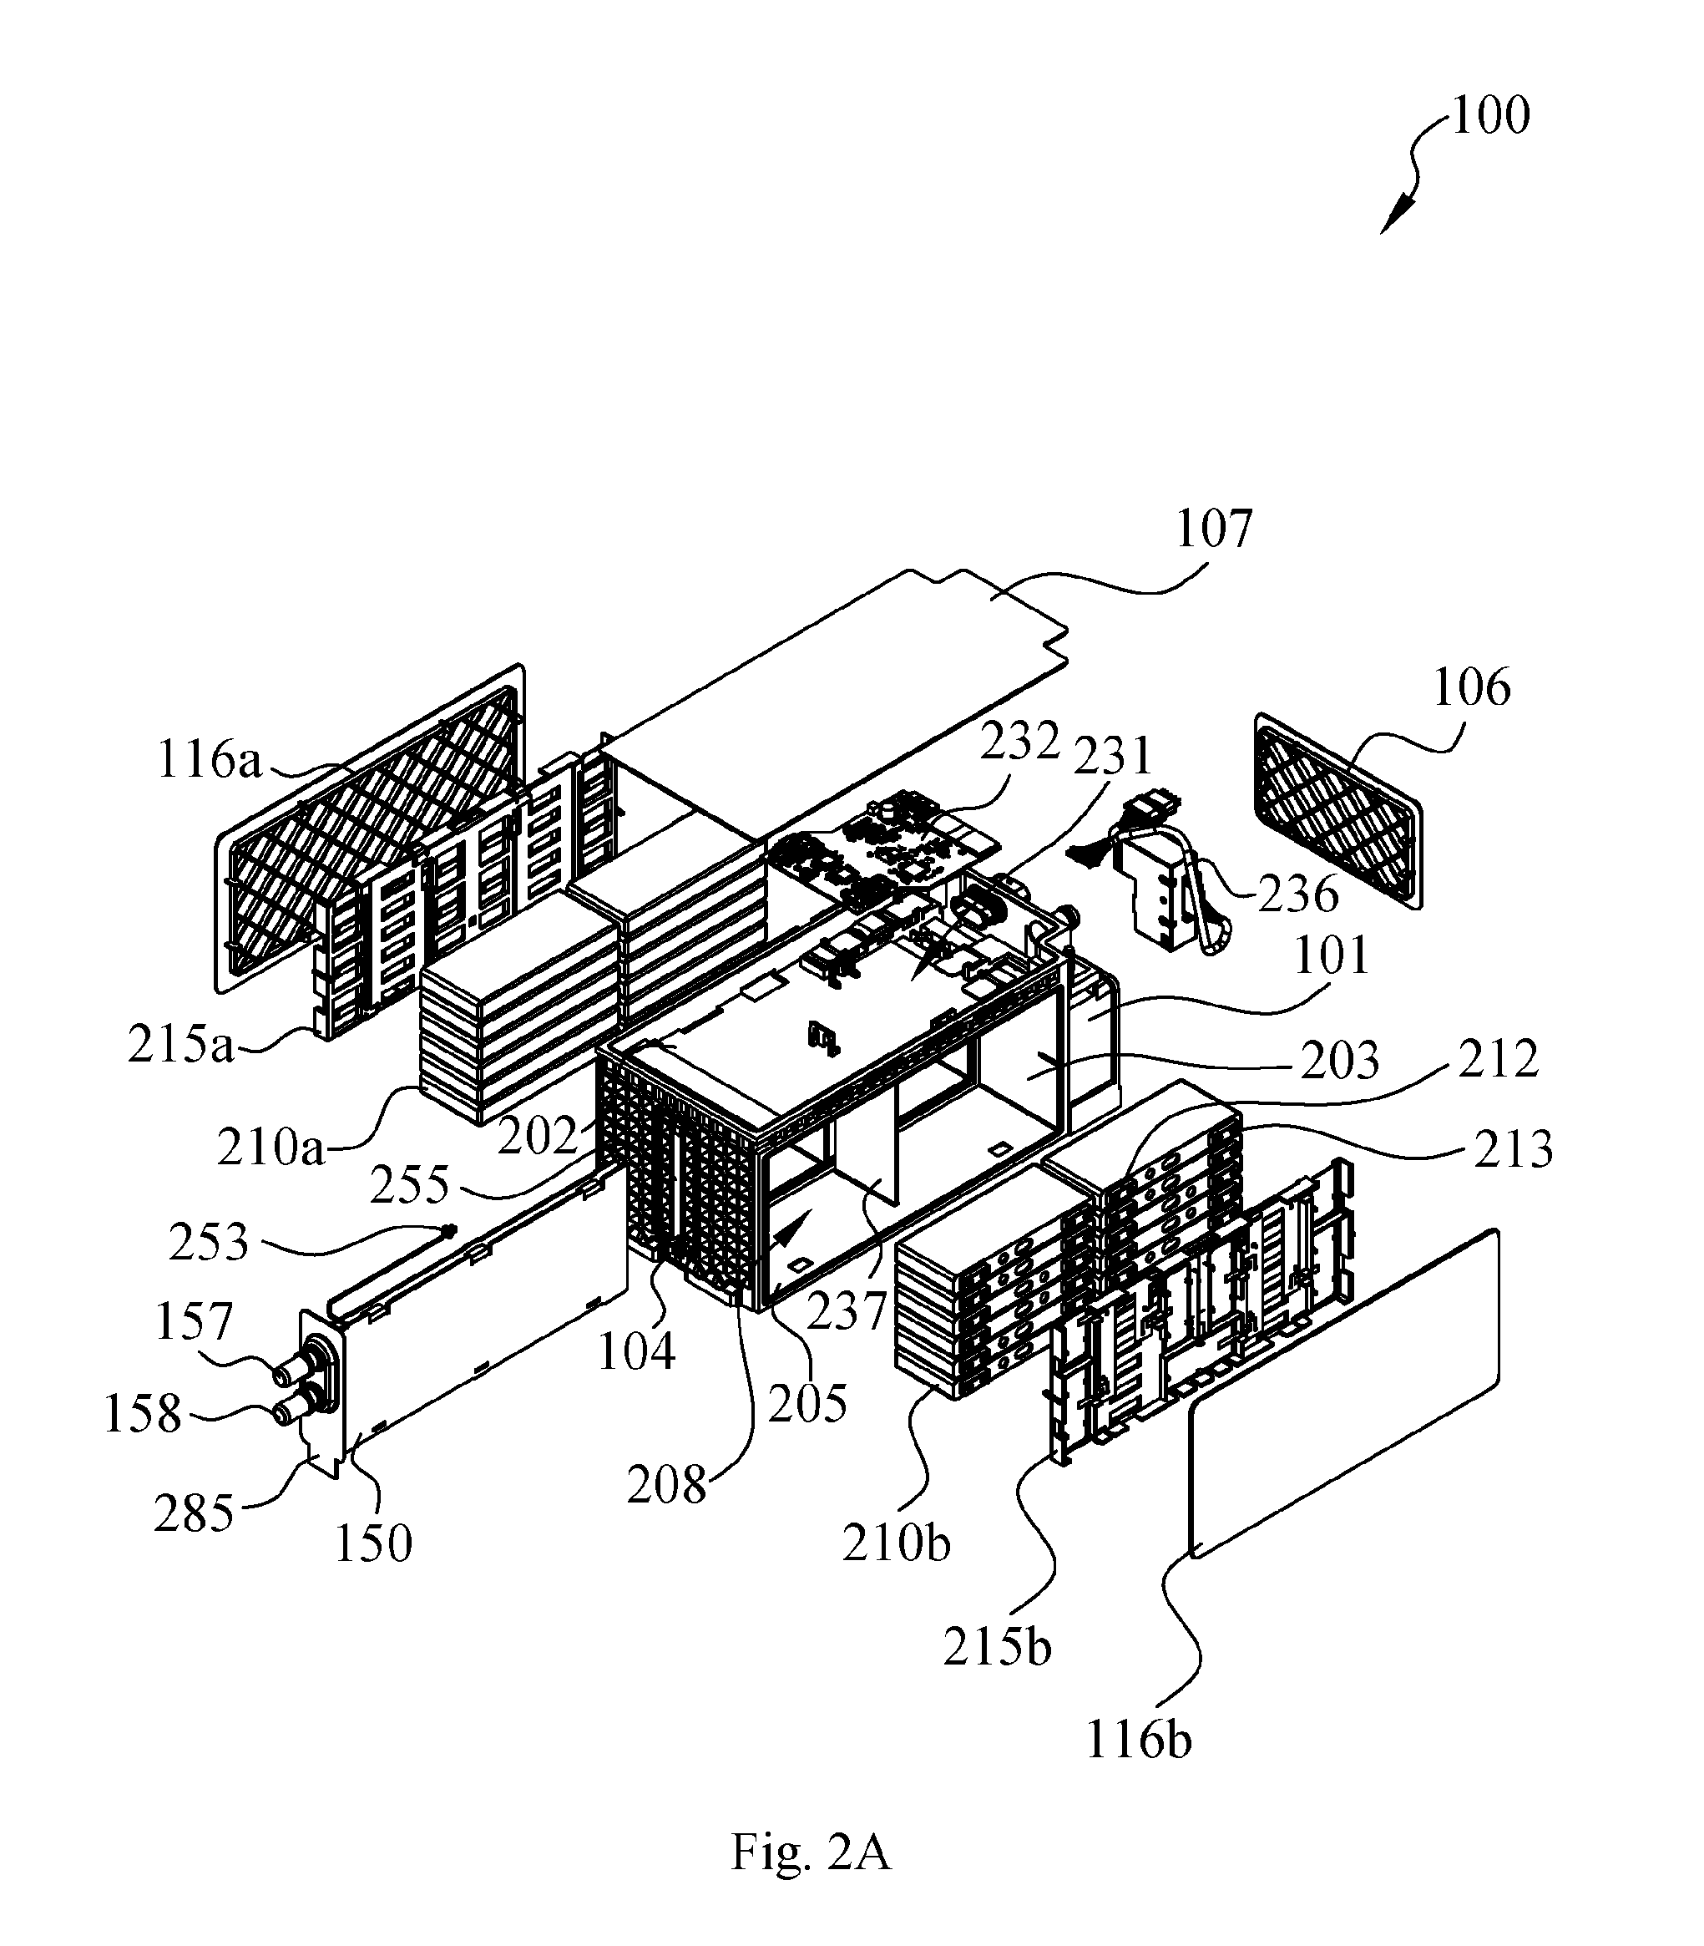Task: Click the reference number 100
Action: [1490, 115]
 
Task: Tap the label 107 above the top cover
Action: [1214, 529]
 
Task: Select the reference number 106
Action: [1471, 687]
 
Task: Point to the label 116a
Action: [210, 761]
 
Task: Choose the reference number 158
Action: [143, 1413]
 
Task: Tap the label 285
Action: [194, 1513]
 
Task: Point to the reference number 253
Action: [210, 1242]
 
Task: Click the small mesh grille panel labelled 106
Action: [1339, 810]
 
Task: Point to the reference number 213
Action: [1513, 1149]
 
